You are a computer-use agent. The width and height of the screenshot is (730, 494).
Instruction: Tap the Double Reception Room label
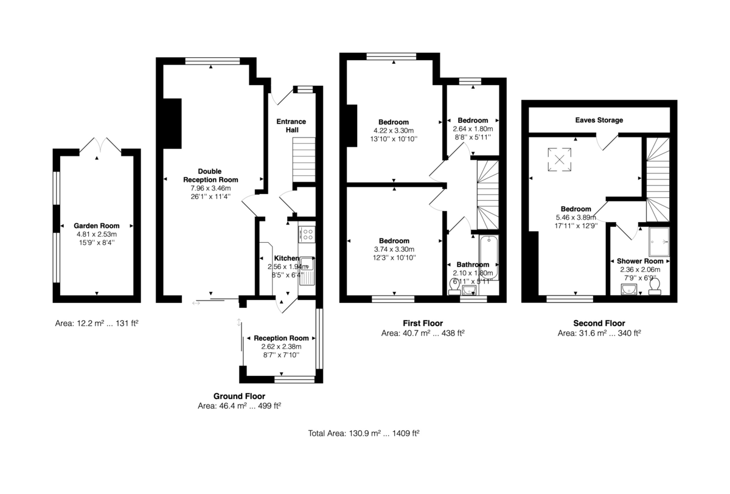(210, 175)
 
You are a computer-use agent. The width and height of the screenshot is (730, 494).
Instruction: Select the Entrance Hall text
(291, 125)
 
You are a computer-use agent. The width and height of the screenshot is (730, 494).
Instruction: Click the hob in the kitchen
(307, 233)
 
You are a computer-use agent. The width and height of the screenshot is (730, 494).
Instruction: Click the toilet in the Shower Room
(655, 290)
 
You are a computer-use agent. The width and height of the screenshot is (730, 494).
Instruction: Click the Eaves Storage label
(599, 120)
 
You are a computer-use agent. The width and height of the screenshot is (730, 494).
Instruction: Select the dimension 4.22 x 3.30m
(394, 130)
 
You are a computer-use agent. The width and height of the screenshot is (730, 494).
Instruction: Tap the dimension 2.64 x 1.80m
(473, 129)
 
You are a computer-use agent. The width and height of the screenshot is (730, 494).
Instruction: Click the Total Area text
(364, 434)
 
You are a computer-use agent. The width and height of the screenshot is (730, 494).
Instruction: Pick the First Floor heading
(422, 323)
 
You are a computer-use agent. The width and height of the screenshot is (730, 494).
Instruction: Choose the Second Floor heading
(599, 323)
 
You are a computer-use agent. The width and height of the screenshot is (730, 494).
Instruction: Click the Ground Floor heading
(239, 395)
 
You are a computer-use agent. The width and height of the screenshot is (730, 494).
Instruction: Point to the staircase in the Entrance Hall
(305, 159)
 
